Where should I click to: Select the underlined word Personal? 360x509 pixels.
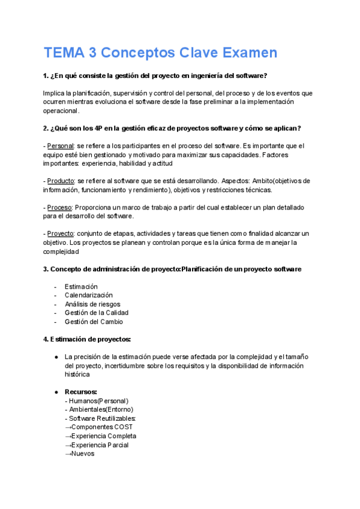click(x=60, y=146)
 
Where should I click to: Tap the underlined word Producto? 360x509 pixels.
click(x=61, y=181)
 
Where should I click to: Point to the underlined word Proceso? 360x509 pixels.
click(x=59, y=207)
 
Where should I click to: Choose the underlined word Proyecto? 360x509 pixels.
click(x=60, y=233)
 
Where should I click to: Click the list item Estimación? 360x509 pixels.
click(x=81, y=286)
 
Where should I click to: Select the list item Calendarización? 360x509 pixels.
click(x=88, y=295)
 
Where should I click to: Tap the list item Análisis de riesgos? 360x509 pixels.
click(x=92, y=304)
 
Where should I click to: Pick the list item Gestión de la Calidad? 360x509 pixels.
click(x=96, y=313)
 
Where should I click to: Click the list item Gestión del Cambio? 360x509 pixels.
click(x=94, y=322)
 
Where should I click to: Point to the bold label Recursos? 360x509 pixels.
click(x=81, y=392)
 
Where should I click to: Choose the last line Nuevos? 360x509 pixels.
click(x=79, y=454)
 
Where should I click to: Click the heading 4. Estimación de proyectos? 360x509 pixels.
click(x=87, y=339)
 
